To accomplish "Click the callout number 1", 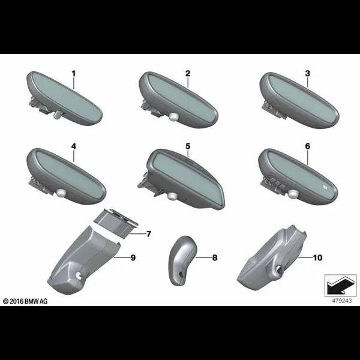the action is click(73, 74).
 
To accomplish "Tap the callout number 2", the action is click(188, 73).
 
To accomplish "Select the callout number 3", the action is click(307, 73).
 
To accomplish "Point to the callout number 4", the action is click(73, 146).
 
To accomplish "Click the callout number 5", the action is click(188, 146).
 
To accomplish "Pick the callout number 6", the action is click(307, 146).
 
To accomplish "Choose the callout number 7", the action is click(149, 234).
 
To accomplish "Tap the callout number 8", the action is click(214, 257).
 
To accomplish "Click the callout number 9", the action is click(133, 257).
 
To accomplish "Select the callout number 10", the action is click(317, 257).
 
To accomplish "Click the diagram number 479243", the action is click(341, 301).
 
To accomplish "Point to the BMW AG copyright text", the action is click(25, 301).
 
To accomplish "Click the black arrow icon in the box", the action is click(340, 285).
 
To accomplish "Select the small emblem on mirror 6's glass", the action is click(325, 188).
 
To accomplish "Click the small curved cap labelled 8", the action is click(182, 260).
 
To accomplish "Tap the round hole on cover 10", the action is click(280, 269).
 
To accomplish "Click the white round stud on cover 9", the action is click(79, 275).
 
